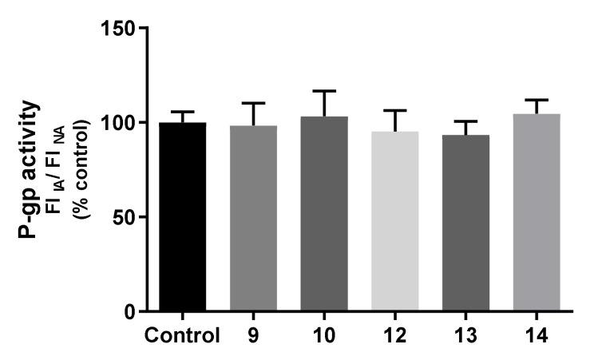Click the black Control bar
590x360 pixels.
coord(183,216)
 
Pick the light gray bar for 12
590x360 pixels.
coord(394,221)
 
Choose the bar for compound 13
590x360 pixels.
coord(465,223)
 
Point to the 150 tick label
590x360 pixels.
coord(118,28)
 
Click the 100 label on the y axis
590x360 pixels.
coord(118,122)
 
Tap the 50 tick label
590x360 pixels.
coord(123,216)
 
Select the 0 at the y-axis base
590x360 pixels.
coord(129,311)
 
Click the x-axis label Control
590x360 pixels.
coord(183,335)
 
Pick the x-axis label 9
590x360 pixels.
coord(253,335)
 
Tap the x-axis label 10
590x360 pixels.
coord(324,335)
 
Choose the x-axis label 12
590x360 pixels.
coord(394,335)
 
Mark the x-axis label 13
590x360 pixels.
coord(465,335)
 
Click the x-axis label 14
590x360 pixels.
coord(537,335)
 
